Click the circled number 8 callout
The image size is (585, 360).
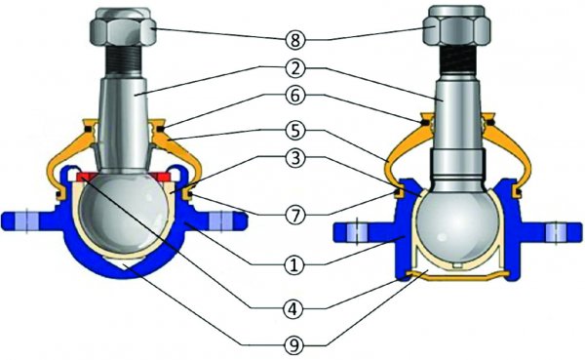tap(295, 40)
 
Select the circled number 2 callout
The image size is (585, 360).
tap(295, 68)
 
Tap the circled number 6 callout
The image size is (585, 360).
tap(295, 96)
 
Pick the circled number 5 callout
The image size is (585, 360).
tap(295, 131)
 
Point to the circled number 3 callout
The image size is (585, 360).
tap(295, 158)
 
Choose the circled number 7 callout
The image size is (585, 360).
tap(295, 215)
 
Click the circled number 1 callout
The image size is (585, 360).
tap(294, 265)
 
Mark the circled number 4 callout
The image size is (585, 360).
tap(294, 308)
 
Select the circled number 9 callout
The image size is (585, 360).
tap(294, 345)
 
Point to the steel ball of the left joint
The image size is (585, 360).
tap(125, 214)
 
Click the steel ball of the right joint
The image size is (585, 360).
tap(457, 226)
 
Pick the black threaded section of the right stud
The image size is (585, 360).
tap(456, 59)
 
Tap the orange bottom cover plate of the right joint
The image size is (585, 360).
tap(457, 276)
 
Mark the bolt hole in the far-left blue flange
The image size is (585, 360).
tap(27, 221)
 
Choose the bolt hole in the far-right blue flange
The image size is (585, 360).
tap(557, 232)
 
